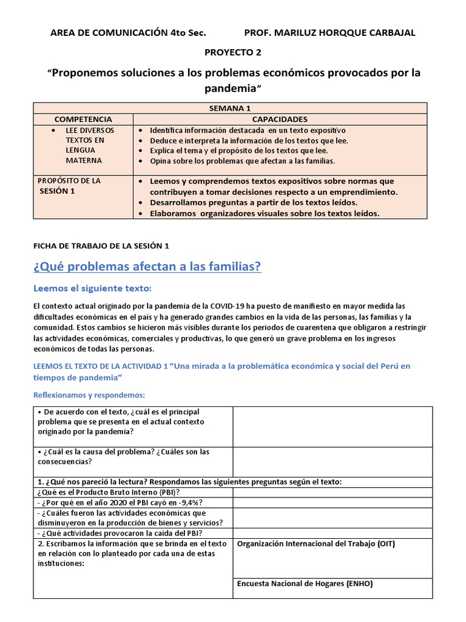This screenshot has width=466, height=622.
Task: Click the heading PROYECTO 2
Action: [233, 53]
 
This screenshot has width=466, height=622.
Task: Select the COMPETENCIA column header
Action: [83, 120]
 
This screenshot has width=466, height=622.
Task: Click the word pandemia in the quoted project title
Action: [232, 89]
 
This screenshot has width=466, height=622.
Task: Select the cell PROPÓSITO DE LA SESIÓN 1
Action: [69, 186]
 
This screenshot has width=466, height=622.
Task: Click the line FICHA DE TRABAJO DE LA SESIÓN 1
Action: [101, 245]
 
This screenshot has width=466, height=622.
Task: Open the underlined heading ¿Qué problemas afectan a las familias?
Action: [146, 266]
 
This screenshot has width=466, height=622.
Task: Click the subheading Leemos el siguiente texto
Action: [95, 288]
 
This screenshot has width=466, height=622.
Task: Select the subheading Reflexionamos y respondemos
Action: [89, 395]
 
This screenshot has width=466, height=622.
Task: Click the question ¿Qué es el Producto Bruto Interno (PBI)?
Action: [109, 492]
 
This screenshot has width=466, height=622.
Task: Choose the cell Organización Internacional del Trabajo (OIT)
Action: [316, 544]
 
